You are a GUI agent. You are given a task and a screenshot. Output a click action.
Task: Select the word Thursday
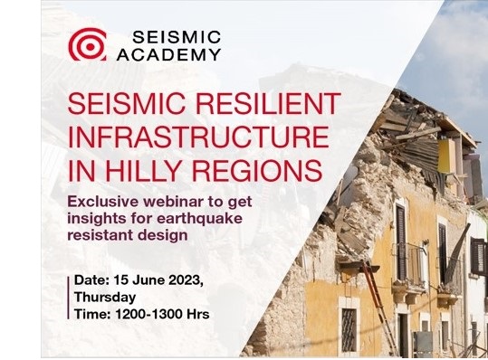pos(107,297)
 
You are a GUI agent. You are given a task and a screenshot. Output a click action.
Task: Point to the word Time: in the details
pos(95,312)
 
